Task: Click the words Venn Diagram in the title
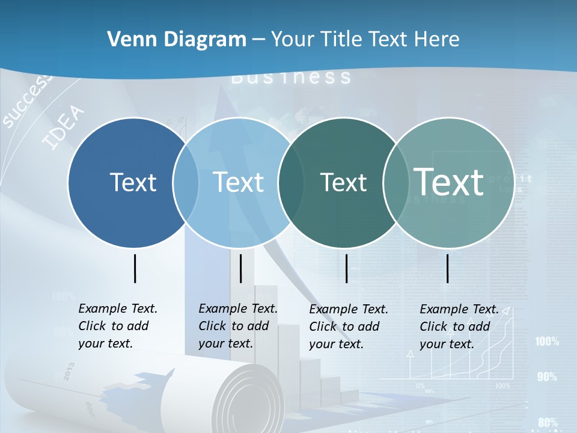point(177,40)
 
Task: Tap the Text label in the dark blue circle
point(133,182)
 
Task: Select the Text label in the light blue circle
point(238,182)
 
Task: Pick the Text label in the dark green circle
point(343,182)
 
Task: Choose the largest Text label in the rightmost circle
point(449,182)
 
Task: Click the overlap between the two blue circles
point(186,183)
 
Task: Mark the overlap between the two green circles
point(394,183)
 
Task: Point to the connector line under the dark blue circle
point(135,268)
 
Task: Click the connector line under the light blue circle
point(240,268)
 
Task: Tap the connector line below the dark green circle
point(347,268)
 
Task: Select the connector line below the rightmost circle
point(448,268)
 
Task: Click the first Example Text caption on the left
point(117,326)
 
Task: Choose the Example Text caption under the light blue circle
point(237,326)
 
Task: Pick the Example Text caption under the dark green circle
point(348,327)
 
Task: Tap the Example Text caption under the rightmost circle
point(459,327)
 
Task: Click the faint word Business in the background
point(291,78)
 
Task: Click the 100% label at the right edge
point(547,342)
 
